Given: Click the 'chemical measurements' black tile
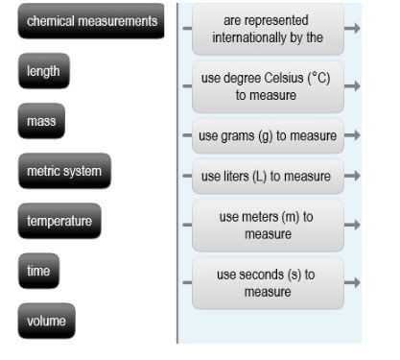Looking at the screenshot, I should pos(91,22).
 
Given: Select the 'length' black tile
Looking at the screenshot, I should pos(44,72).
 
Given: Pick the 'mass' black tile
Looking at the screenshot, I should pos(41,122).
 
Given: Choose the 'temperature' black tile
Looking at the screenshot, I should pos(60,222).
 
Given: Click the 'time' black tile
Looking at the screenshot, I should pos(38,272).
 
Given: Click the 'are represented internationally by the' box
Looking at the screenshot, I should pos(268,29).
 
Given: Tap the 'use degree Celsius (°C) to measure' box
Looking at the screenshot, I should pos(268,86).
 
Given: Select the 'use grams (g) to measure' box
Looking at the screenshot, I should pos(268,135).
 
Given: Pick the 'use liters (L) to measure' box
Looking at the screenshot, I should pos(268,177).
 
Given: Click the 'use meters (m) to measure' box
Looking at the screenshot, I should pos(268,226).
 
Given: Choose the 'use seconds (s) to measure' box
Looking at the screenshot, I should pos(268,282).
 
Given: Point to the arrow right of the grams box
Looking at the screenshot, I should pos(352,135).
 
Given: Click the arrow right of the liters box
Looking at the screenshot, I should pos(352,177).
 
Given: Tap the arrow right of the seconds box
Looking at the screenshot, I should pos(352,282).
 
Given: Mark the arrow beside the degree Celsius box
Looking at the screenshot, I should pos(352,86).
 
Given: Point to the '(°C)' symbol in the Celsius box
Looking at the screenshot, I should pos(317,78).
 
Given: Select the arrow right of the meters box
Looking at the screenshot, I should pos(352,226).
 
